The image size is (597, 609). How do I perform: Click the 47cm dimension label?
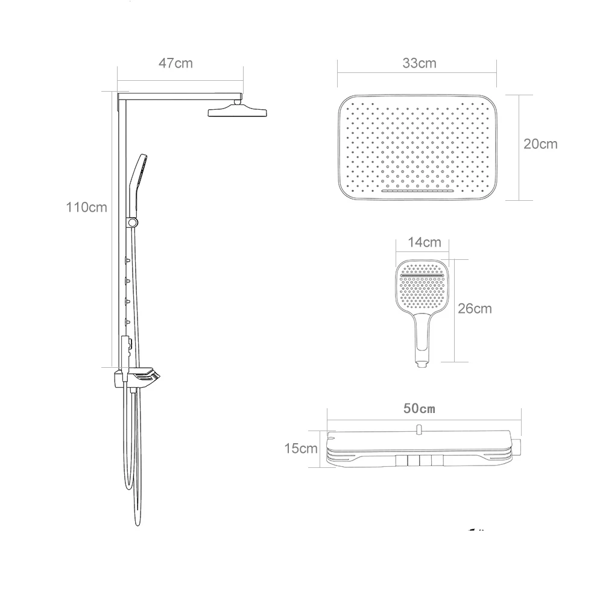pos(175,63)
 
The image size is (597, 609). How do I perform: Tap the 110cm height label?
pos(86,207)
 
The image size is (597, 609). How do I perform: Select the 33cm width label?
pos(419,63)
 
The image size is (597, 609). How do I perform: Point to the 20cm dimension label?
pos(540,144)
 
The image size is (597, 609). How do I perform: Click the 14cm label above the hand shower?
pos(424,242)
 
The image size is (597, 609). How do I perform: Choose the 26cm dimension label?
pos(475,309)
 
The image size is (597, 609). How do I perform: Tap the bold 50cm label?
pos(419,408)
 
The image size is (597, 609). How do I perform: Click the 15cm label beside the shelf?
pos(300,449)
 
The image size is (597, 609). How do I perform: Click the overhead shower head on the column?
pos(238,112)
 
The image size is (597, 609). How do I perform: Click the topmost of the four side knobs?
pos(127,260)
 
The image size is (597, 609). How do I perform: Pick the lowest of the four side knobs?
pos(127,321)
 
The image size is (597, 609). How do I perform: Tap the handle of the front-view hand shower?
pos(422,338)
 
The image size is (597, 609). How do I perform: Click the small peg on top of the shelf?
pos(418,429)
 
